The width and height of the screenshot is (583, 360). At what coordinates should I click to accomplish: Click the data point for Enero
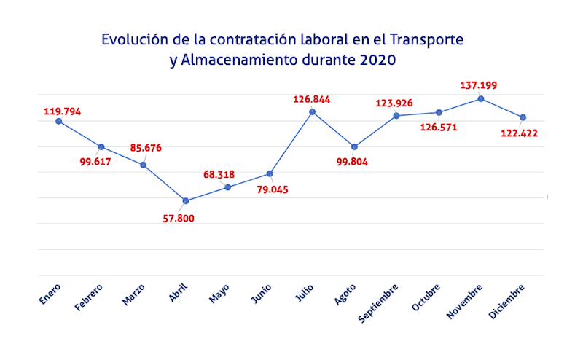(x=59, y=121)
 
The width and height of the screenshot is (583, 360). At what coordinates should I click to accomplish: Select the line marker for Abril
(x=186, y=200)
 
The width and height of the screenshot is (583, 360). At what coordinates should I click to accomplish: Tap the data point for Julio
(x=313, y=111)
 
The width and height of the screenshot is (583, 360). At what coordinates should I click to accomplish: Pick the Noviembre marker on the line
(x=481, y=98)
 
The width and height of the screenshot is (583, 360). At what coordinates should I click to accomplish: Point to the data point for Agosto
(x=354, y=146)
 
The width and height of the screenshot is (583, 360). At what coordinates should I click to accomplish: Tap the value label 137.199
(x=479, y=86)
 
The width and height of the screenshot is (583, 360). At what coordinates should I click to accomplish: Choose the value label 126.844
(x=313, y=99)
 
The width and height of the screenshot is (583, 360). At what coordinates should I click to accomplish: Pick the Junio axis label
(x=262, y=292)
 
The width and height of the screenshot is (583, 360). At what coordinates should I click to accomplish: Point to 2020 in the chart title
(x=378, y=60)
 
